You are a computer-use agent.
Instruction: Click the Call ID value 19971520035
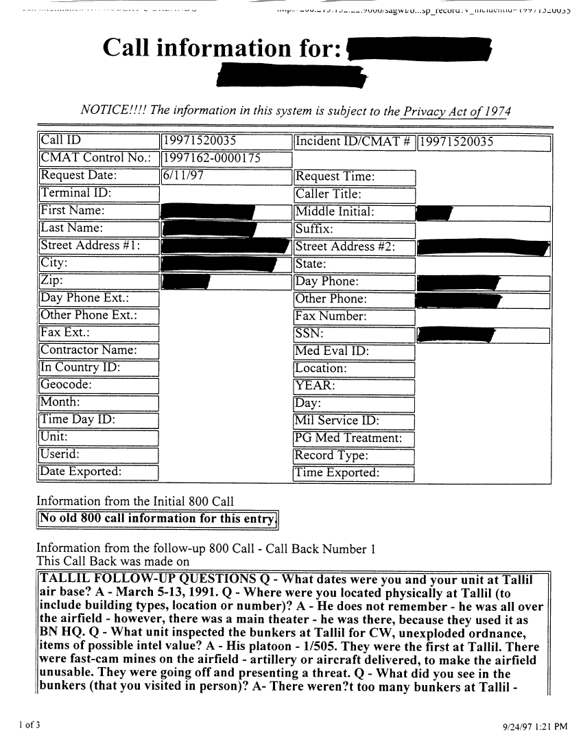200,141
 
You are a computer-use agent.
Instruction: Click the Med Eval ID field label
333,352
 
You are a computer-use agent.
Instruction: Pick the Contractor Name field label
89,350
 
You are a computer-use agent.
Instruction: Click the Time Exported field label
336,474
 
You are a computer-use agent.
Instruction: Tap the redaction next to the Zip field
185,281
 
